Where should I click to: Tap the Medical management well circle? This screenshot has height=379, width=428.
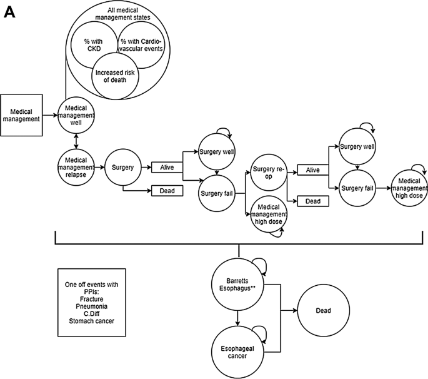[x=76, y=115]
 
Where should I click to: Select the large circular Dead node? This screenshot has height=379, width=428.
[x=323, y=310]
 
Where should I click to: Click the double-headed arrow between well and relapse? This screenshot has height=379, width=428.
[x=76, y=141]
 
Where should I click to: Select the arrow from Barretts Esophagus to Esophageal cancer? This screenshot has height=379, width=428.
[x=238, y=316]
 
